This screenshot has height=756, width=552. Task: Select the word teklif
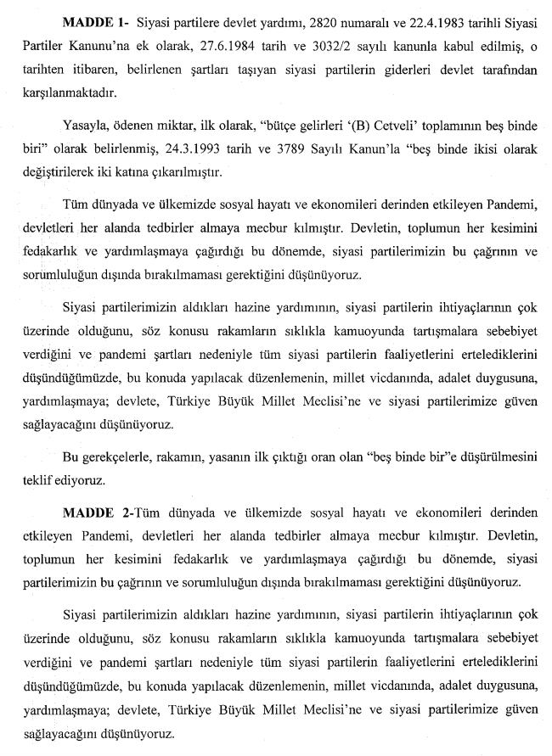40,481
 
